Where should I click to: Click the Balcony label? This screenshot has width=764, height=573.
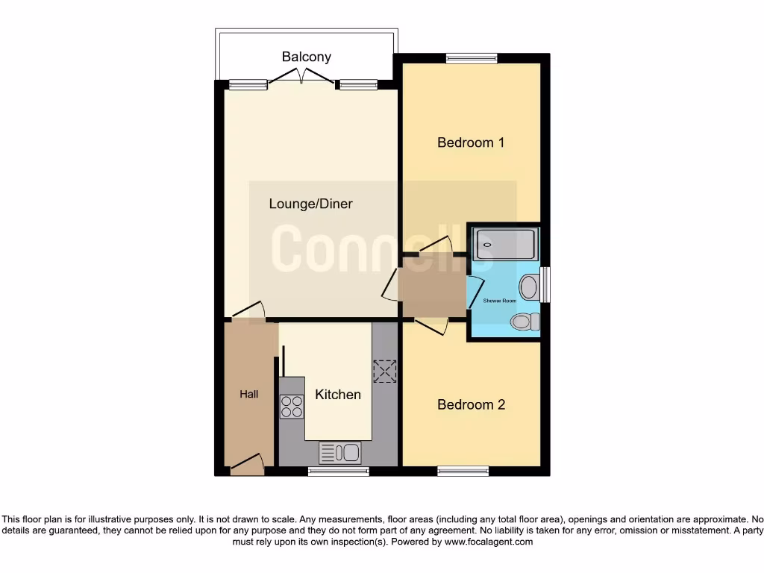pyautogui.click(x=306, y=57)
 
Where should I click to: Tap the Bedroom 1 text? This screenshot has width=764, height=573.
pyautogui.click(x=471, y=143)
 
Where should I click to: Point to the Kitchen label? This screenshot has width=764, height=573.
pyautogui.click(x=338, y=395)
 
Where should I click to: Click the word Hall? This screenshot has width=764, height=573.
pyautogui.click(x=249, y=394)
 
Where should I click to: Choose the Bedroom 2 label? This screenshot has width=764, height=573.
pyautogui.click(x=471, y=405)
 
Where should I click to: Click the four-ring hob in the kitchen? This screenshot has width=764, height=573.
pyautogui.click(x=292, y=407)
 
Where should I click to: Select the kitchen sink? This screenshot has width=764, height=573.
pyautogui.click(x=339, y=452)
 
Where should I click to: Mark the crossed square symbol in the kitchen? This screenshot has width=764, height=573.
pyautogui.click(x=385, y=371)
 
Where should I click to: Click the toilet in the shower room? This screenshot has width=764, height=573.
pyautogui.click(x=525, y=322)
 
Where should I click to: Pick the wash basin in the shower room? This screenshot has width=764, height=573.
pyautogui.click(x=530, y=286)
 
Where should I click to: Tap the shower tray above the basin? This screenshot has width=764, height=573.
pyautogui.click(x=505, y=244)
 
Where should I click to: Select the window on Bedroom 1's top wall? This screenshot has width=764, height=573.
pyautogui.click(x=472, y=59)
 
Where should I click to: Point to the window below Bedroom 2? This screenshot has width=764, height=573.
pyautogui.click(x=463, y=471)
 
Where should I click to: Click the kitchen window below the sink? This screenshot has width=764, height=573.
pyautogui.click(x=339, y=471)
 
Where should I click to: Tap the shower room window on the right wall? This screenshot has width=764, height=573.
pyautogui.click(x=545, y=285)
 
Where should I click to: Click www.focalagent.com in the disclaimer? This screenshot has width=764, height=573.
pyautogui.click(x=489, y=542)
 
